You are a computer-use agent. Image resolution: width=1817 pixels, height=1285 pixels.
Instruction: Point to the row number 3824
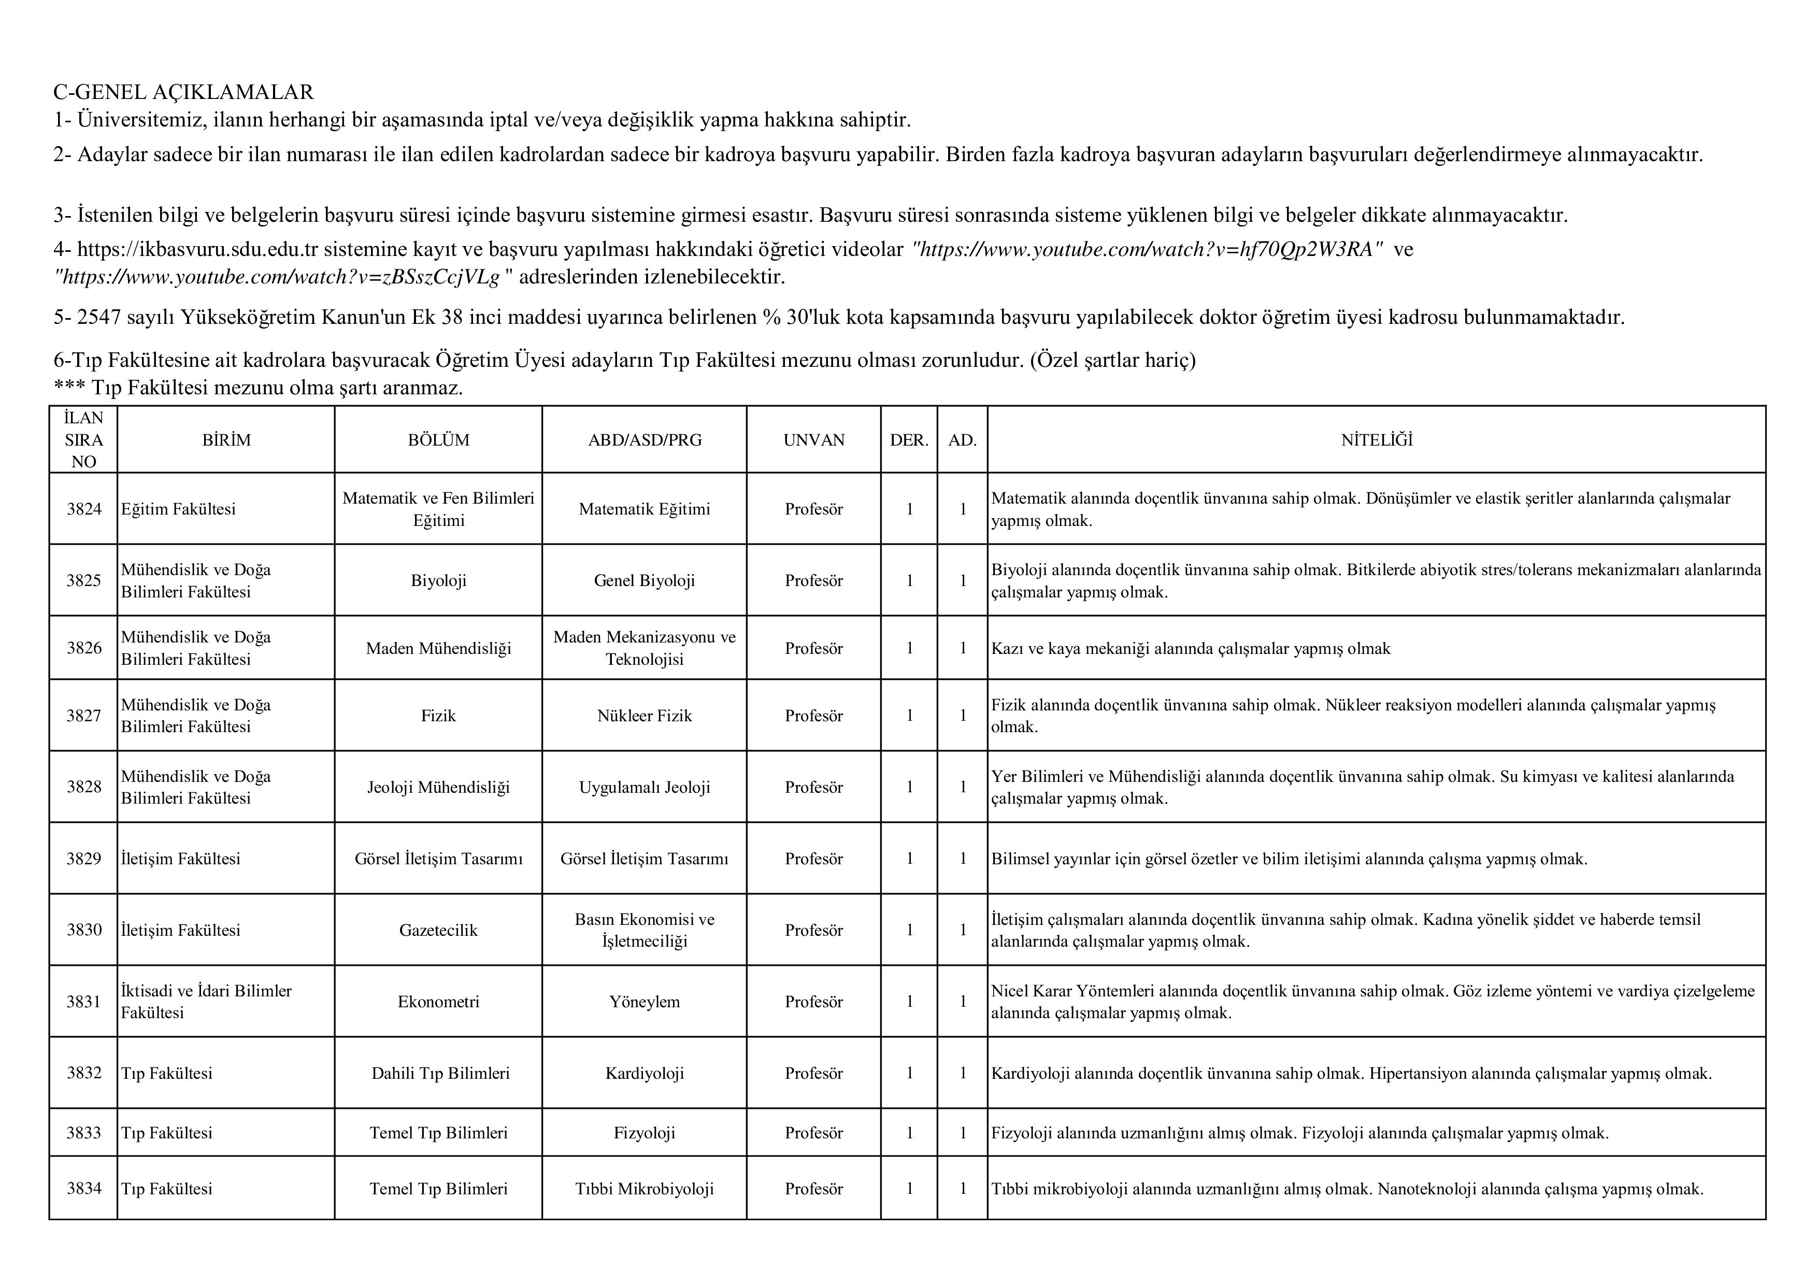tap(84, 509)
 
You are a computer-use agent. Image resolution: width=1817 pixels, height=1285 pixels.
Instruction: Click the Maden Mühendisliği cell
tap(438, 649)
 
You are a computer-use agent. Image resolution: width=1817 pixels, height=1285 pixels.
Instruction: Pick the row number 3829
tap(84, 859)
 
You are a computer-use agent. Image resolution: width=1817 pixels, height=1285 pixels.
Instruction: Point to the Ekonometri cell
tap(438, 1002)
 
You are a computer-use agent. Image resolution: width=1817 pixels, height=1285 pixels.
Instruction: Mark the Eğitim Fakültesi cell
tap(179, 509)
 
